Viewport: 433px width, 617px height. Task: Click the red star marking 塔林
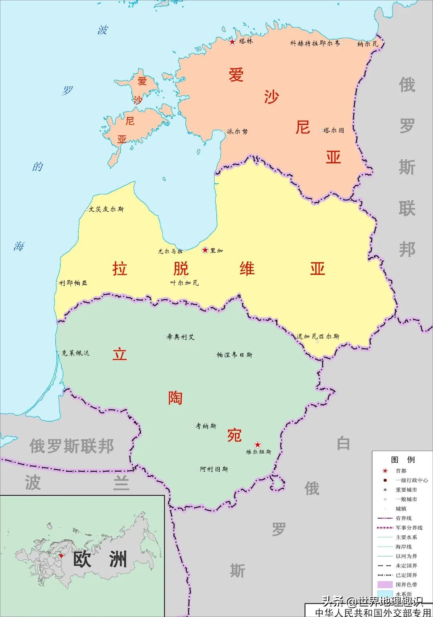click(232, 42)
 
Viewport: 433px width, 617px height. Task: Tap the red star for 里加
click(205, 250)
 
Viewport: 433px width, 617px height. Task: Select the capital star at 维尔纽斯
click(257, 444)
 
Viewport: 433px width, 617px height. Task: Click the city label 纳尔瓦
click(368, 44)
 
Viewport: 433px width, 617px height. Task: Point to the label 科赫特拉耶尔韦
click(315, 43)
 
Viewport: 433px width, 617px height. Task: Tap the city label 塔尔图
click(334, 130)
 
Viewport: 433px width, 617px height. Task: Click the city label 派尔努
click(237, 131)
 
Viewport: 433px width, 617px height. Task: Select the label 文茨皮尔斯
click(106, 209)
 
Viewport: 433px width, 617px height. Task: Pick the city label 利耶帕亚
click(73, 283)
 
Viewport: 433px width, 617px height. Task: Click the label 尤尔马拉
click(170, 251)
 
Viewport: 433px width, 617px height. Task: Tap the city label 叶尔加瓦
click(184, 283)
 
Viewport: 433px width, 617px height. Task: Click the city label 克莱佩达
click(75, 353)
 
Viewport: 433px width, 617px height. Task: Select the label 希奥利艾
click(181, 337)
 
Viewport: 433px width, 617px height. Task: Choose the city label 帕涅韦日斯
click(235, 355)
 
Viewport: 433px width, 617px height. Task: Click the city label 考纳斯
click(206, 426)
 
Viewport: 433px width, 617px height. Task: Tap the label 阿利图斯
click(214, 469)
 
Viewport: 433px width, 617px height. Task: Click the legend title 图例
click(403, 460)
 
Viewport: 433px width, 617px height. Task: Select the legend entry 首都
click(401, 471)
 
